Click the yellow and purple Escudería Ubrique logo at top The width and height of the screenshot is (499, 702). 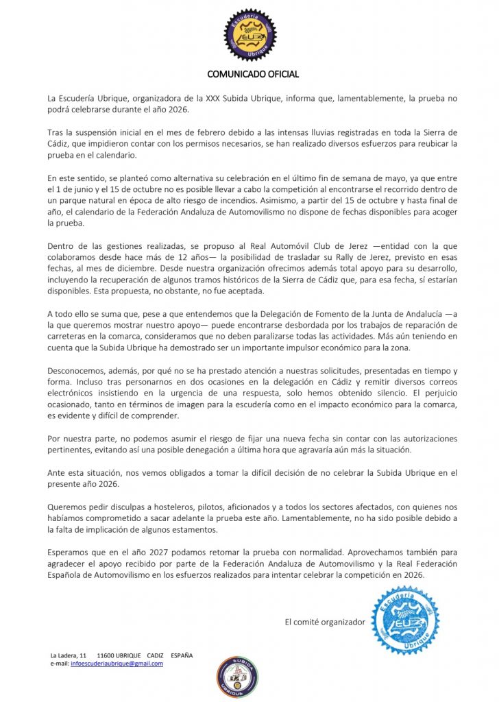click(249, 34)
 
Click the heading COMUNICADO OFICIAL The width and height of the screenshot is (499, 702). click(253, 74)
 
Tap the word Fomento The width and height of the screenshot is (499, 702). click(317, 313)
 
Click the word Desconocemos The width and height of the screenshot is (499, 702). click(71, 370)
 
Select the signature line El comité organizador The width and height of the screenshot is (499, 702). click(325, 622)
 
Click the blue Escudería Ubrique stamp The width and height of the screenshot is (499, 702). click(404, 620)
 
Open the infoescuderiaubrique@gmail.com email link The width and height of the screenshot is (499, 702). click(117, 664)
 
